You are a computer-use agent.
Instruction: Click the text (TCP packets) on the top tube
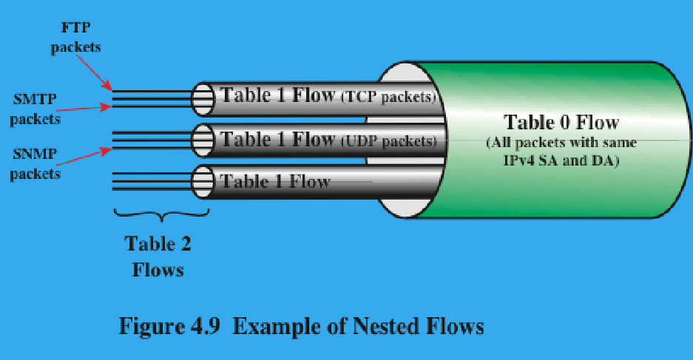click(x=387, y=96)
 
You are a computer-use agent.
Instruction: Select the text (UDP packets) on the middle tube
click(x=388, y=139)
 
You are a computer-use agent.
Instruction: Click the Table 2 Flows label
click(x=158, y=256)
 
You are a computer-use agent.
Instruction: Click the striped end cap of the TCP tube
click(x=203, y=99)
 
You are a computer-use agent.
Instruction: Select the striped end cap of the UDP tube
click(x=203, y=140)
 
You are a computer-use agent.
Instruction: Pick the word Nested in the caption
click(x=384, y=326)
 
